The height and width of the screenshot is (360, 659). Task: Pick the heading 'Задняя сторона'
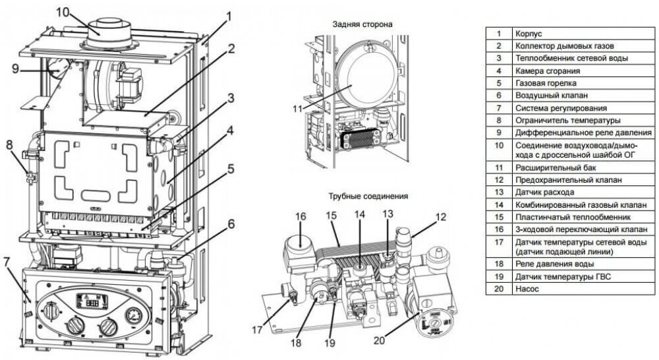pyautogui.click(x=362, y=24)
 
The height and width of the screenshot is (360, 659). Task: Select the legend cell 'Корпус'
pyautogui.click(x=529, y=32)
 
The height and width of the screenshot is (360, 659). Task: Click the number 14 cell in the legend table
pyautogui.click(x=499, y=204)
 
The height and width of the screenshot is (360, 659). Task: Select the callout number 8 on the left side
pyautogui.click(x=10, y=145)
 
